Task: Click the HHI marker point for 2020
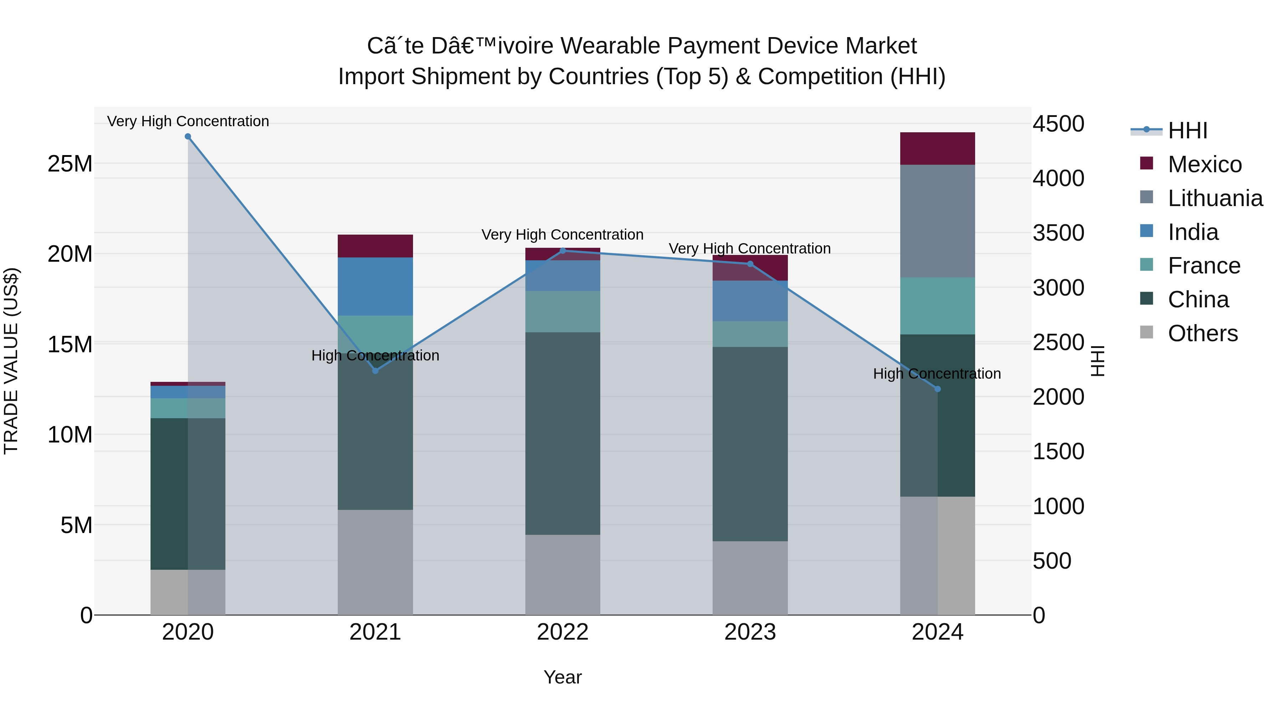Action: [x=188, y=137]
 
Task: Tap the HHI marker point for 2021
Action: [x=375, y=371]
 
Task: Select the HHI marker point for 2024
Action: [x=938, y=389]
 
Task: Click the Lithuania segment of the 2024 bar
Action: [x=938, y=221]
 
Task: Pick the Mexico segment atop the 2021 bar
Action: [x=375, y=246]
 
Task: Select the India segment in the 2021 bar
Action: [x=375, y=287]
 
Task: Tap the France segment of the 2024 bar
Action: [x=938, y=306]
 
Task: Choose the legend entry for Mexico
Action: [x=1204, y=164]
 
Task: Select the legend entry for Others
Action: [x=1202, y=333]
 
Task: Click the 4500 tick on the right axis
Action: [x=1058, y=124]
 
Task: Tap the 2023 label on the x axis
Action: [x=750, y=632]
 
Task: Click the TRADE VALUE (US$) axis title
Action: [x=11, y=361]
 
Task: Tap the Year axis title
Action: [x=563, y=677]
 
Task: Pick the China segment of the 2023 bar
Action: [x=750, y=444]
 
